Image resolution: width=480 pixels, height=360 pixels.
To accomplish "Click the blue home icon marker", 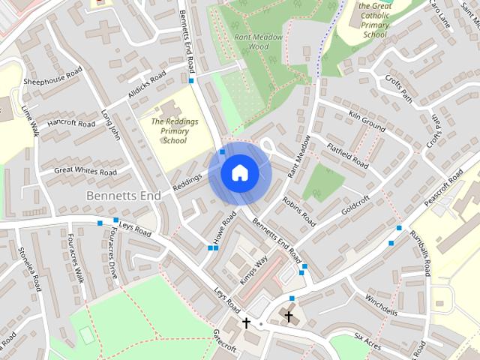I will tap(239, 172).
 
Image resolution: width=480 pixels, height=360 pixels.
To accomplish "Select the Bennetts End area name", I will tap(124, 195).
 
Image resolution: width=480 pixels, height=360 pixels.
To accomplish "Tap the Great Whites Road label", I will tap(85, 172).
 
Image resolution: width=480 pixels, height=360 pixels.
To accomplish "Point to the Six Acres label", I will tap(368, 341).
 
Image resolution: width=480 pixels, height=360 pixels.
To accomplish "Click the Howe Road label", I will tap(224, 226).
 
